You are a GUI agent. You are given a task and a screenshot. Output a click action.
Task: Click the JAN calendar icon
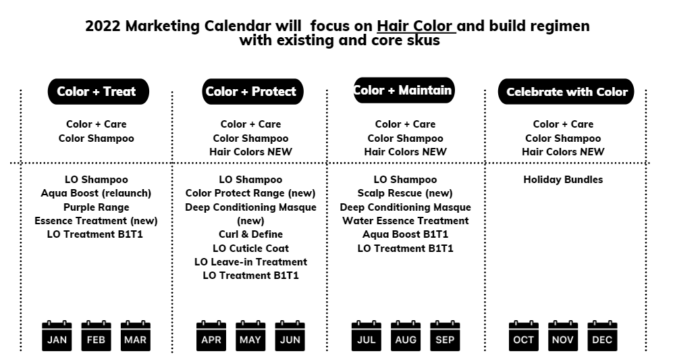click(57, 336)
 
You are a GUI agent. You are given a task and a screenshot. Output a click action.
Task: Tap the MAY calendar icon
click(250, 336)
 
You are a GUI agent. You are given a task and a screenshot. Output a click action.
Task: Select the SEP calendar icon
click(445, 336)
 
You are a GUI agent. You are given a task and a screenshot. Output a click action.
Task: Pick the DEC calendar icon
click(602, 336)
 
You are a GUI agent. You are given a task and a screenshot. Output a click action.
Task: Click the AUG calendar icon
click(406, 336)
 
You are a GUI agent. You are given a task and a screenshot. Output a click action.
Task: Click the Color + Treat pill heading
click(99, 91)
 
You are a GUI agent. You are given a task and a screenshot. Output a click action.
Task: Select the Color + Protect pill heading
click(253, 91)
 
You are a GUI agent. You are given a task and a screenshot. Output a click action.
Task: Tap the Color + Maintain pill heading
click(404, 91)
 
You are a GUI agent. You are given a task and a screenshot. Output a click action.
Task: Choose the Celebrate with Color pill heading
click(566, 91)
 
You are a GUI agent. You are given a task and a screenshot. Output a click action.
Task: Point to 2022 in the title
click(103, 26)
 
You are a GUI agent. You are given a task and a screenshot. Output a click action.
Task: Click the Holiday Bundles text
click(563, 180)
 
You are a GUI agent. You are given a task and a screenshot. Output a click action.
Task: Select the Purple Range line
click(96, 207)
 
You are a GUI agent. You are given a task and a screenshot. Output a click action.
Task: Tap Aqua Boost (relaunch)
click(96, 193)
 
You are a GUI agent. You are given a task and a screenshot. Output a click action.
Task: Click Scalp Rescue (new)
click(405, 193)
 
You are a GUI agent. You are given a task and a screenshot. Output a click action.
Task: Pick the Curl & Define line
click(250, 234)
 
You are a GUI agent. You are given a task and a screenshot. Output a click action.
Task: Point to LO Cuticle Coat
click(250, 249)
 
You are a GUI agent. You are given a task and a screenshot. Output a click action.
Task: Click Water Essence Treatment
click(405, 221)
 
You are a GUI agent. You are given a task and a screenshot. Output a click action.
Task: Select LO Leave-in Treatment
click(250, 262)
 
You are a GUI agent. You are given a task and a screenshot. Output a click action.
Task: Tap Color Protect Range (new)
click(250, 193)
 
